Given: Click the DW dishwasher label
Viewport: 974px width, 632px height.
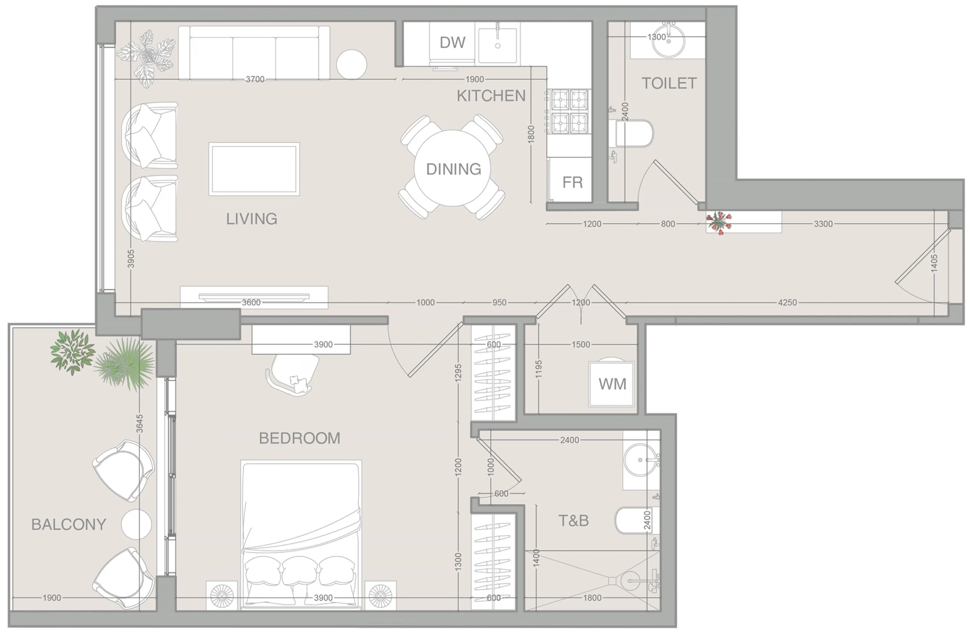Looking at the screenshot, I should click(x=452, y=42).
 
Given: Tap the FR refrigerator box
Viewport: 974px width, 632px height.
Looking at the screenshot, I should click(x=572, y=182).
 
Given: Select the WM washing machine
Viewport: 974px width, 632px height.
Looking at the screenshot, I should click(x=611, y=384).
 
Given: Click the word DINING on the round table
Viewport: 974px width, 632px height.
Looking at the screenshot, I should click(x=454, y=169).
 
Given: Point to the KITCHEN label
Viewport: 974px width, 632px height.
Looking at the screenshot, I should click(x=491, y=96).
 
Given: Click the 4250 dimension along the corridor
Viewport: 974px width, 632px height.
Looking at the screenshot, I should click(x=787, y=303).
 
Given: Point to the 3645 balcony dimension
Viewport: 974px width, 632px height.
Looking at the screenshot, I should click(x=140, y=424).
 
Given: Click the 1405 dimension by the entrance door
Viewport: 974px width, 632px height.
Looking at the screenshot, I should click(x=934, y=263).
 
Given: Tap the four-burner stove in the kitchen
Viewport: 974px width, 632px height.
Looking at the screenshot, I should click(x=569, y=111).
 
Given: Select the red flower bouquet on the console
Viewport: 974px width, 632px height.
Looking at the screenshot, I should click(x=719, y=222).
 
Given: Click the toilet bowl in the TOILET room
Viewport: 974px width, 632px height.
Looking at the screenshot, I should click(x=632, y=133).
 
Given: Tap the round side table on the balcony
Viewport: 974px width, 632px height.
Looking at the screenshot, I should click(x=136, y=524).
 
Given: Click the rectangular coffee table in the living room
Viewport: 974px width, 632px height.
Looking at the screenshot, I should click(x=254, y=169).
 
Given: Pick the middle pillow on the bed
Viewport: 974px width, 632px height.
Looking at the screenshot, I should click(x=299, y=570).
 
